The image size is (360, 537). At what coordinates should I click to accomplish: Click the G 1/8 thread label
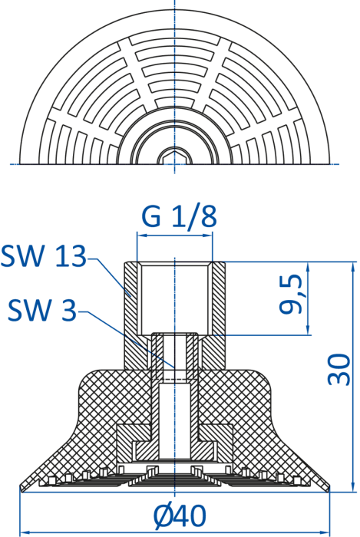coord(179,217)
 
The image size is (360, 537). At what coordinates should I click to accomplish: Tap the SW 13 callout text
coord(44,255)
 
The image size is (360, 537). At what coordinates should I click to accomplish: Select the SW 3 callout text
coord(41,310)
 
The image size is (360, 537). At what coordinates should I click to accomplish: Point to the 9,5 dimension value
coord(291,294)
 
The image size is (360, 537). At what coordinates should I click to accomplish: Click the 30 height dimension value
coord(339,370)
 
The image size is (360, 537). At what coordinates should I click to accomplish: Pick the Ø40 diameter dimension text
coord(180,516)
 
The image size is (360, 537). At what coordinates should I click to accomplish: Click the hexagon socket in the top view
coord(174,158)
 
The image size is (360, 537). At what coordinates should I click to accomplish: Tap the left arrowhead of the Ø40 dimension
coord(25,533)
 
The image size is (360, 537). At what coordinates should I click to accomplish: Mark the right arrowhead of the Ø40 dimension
coord(325,533)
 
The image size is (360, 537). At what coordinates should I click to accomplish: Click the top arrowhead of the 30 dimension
coord(353,267)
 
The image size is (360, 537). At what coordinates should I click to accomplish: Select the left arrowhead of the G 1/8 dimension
coord(141,236)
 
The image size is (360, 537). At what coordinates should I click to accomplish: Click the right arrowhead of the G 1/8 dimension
coord(208,236)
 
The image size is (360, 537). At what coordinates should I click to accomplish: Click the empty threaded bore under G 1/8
coord(175,298)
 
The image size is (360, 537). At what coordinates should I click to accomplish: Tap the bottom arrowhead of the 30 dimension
coord(353,487)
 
